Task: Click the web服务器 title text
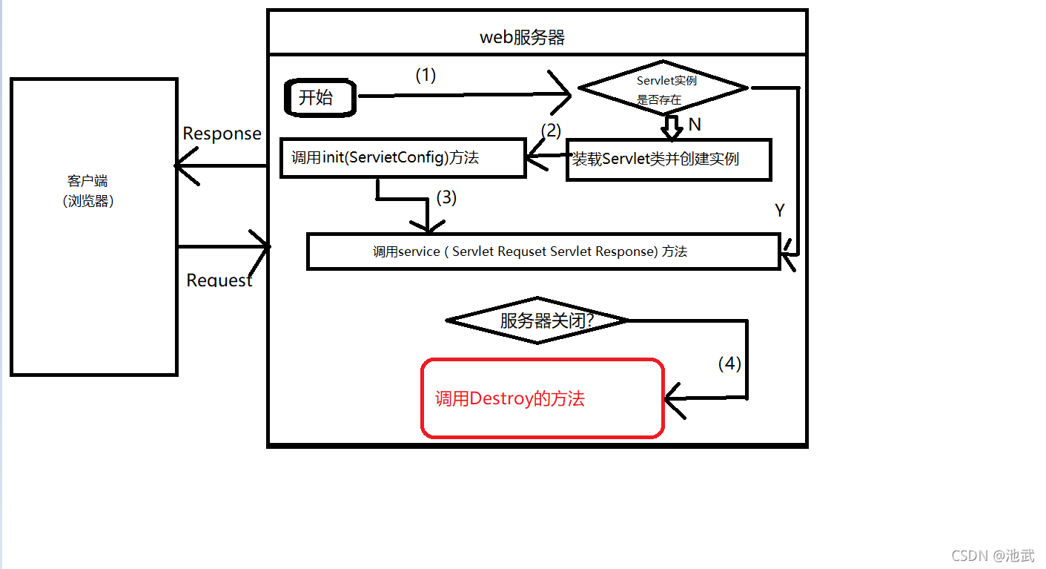[x=523, y=37]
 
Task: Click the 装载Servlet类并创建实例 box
[x=669, y=159]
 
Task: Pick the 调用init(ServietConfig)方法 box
[x=403, y=157]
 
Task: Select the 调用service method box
[x=543, y=251]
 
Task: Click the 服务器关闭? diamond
[x=537, y=320]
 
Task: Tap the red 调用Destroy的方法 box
[x=542, y=398]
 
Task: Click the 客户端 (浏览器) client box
[x=93, y=226]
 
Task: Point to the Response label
[x=222, y=134]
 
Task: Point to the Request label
[x=219, y=280]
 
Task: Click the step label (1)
[x=426, y=75]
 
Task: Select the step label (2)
[x=551, y=131]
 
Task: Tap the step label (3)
[x=446, y=197]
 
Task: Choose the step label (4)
[x=729, y=364]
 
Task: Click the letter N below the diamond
[x=695, y=125]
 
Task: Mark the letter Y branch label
[x=780, y=211]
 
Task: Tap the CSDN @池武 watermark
[x=993, y=555]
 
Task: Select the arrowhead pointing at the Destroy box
[x=672, y=398]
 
